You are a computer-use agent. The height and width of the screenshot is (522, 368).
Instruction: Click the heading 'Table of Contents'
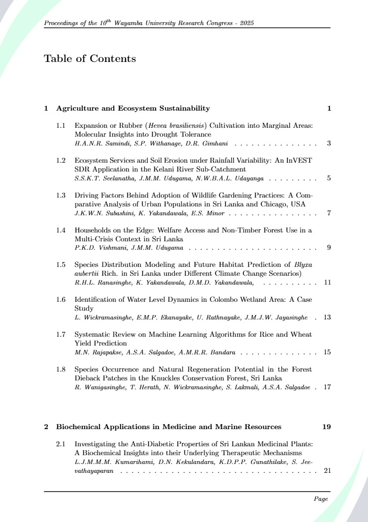90,59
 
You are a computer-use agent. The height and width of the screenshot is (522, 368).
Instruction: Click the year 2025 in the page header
246,23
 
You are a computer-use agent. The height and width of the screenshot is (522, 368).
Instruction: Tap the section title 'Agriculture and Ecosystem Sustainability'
133,108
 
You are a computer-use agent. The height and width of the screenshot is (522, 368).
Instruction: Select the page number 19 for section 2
327,427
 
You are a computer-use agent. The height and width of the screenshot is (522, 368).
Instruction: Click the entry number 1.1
61,126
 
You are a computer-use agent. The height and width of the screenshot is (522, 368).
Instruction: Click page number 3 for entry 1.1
329,144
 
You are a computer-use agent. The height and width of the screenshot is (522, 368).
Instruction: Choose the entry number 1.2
61,161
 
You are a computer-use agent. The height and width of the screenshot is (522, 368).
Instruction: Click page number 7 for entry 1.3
329,213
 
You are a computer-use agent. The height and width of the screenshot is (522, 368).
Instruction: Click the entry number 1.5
61,265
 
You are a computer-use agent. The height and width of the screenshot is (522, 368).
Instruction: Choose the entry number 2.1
61,444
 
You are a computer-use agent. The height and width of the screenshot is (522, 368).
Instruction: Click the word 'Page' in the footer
321,499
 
